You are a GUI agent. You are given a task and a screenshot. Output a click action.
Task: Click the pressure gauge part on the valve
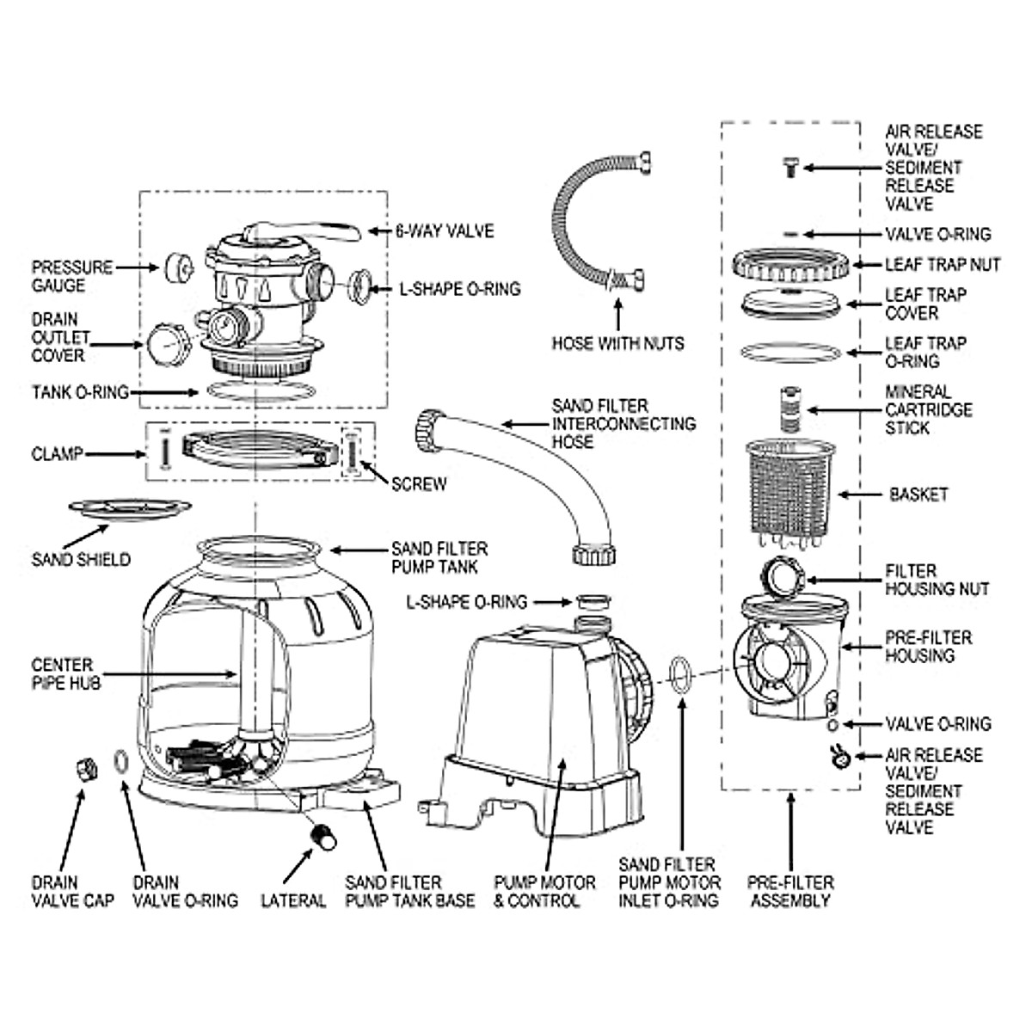178,268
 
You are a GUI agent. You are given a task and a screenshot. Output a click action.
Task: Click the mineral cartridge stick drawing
789,408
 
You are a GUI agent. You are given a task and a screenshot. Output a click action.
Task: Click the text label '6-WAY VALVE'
445,231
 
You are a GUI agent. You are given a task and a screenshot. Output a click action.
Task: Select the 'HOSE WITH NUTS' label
618,343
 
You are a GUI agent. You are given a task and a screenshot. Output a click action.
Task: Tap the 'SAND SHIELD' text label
81,560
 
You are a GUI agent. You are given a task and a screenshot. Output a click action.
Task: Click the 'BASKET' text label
918,494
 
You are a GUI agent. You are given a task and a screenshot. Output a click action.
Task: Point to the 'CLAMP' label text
57,453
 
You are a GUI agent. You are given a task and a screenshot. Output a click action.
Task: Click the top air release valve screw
790,167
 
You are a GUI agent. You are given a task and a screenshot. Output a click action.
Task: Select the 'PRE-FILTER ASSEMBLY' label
789,892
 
